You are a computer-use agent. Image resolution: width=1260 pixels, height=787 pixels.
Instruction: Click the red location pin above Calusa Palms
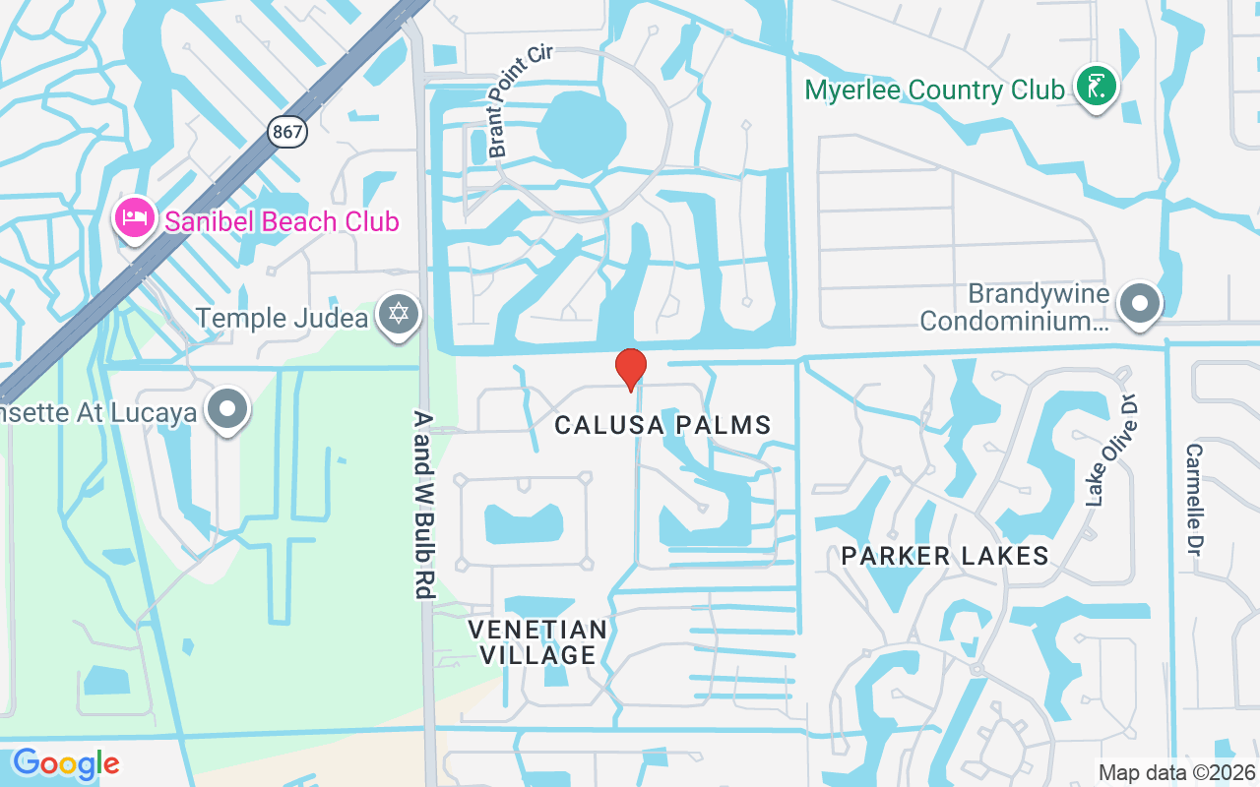pos(630,368)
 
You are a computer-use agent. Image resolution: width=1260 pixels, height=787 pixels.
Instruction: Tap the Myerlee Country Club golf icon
pos(1096,87)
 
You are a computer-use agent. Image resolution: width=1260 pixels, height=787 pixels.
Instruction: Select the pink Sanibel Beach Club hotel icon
pos(134,218)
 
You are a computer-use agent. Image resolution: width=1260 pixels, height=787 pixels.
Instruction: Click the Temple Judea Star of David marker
pos(399,316)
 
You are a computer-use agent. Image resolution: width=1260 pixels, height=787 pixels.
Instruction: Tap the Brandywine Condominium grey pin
pos(1140,303)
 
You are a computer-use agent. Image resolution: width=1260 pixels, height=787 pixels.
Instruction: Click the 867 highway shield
pos(287,130)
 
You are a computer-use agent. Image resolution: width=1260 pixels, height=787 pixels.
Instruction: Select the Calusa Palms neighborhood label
pos(662,425)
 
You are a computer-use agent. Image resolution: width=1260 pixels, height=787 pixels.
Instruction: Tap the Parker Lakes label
pos(944,556)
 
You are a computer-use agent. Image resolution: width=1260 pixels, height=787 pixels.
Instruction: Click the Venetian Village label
pos(537,641)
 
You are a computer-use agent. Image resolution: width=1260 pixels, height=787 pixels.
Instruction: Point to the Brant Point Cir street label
pos(520,99)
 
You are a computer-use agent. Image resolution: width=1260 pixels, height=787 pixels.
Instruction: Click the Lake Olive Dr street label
pos(1111,449)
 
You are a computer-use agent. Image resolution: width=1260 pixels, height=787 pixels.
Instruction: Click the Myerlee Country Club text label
pos(934,91)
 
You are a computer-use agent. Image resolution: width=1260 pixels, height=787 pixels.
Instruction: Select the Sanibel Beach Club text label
pos(282,221)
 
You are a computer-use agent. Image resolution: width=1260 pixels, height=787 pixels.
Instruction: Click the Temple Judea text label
pos(282,319)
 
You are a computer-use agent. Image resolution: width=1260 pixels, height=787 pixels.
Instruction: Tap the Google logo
pos(66,763)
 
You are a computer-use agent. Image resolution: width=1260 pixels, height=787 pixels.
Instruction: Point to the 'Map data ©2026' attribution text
pos(1176,772)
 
